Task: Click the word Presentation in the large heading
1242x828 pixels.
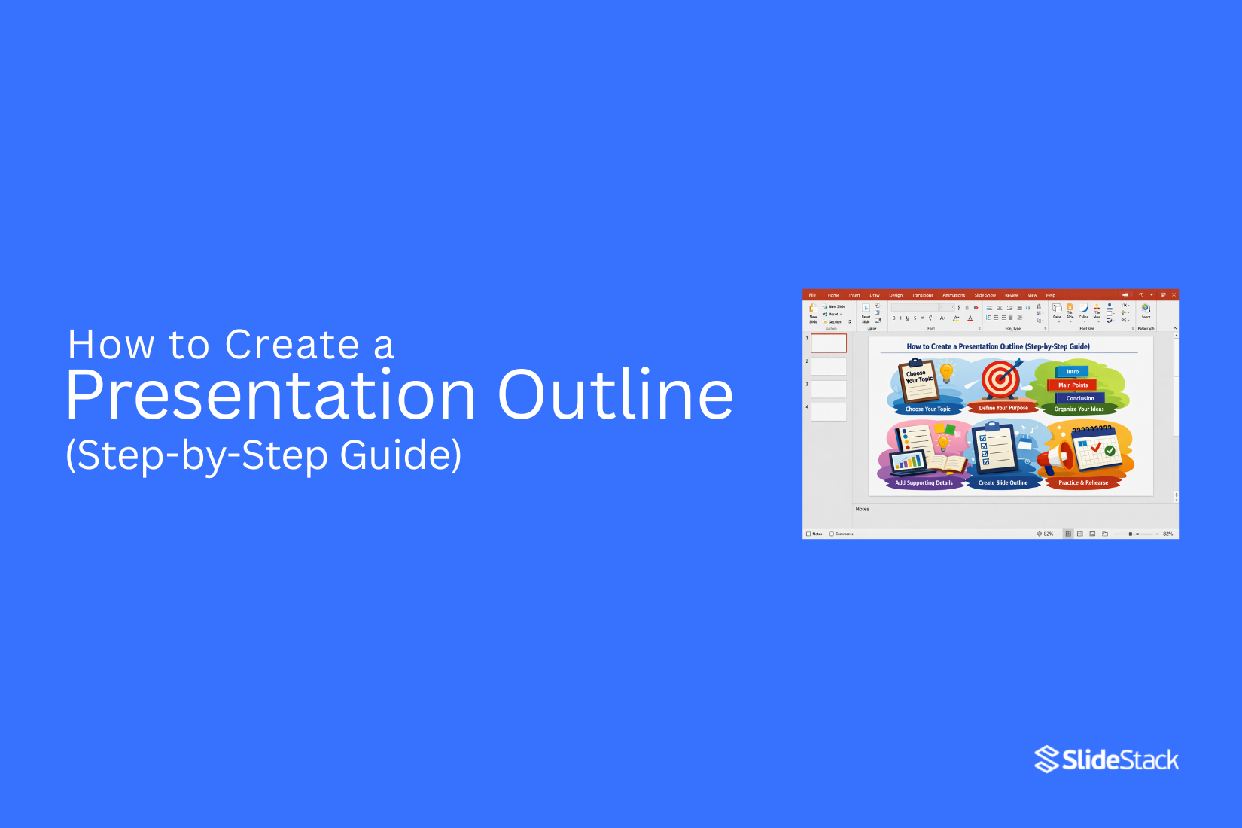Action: [x=271, y=395]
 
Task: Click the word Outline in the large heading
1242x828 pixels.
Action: [x=615, y=395]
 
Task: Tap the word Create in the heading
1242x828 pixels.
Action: [x=292, y=345]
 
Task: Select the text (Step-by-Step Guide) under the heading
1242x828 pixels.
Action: [x=263, y=455]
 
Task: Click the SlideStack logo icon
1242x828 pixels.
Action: [x=1046, y=760]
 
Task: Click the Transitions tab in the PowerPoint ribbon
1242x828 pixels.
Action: [x=922, y=295]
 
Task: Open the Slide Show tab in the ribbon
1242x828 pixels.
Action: [x=985, y=295]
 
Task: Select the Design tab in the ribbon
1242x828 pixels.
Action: [x=895, y=295]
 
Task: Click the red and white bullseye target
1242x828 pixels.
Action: [x=1000, y=379]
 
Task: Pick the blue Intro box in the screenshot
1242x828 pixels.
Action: [x=1073, y=371]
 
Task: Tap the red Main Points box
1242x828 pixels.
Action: [x=1073, y=385]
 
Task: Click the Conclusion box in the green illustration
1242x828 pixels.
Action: [x=1080, y=398]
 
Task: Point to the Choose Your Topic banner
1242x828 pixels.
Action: [x=927, y=409]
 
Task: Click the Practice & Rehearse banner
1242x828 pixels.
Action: [x=1083, y=482]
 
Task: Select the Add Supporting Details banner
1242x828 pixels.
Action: [x=924, y=482]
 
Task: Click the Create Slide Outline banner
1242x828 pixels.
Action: [x=1003, y=482]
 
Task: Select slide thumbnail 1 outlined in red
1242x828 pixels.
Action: [x=828, y=343]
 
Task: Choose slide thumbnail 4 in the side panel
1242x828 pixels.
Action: [x=828, y=412]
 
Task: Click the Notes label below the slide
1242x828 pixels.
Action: [x=863, y=509]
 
